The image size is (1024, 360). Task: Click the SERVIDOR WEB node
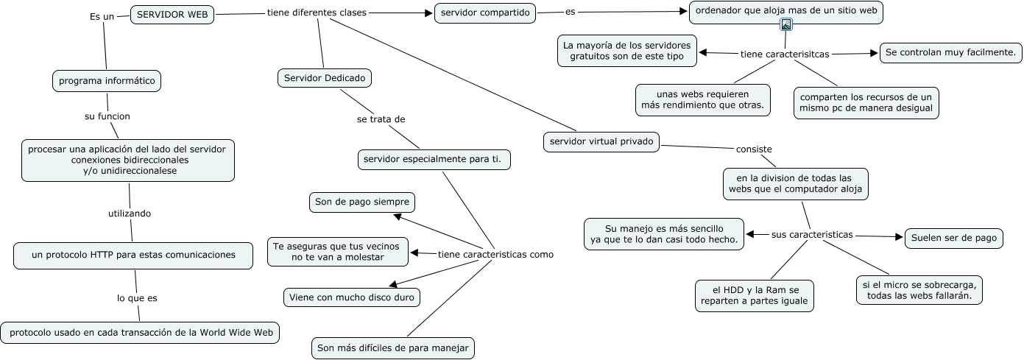tap(172, 15)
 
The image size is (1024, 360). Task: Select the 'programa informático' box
tap(107, 81)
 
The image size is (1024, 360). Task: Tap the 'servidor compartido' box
tap(486, 13)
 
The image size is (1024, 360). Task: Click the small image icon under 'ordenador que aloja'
tap(786, 25)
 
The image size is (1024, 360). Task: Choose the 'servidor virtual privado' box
tap(601, 142)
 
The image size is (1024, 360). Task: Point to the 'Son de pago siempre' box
tap(361, 202)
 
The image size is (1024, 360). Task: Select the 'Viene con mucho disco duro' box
tap(352, 297)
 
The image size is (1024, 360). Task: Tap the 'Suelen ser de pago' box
tap(953, 238)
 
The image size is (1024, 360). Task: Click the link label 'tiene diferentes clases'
tap(317, 13)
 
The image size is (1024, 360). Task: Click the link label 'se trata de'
tap(381, 119)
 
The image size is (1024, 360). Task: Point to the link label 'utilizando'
tap(130, 213)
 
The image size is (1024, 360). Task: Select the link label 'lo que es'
tap(137, 298)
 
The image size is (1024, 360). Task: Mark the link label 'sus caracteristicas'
tap(812, 235)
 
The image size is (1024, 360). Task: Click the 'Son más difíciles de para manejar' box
tap(392, 348)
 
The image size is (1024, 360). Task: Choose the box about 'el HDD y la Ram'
tap(755, 295)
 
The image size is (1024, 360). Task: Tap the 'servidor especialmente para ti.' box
tap(435, 159)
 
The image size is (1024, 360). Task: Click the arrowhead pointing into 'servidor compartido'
tap(428, 13)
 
